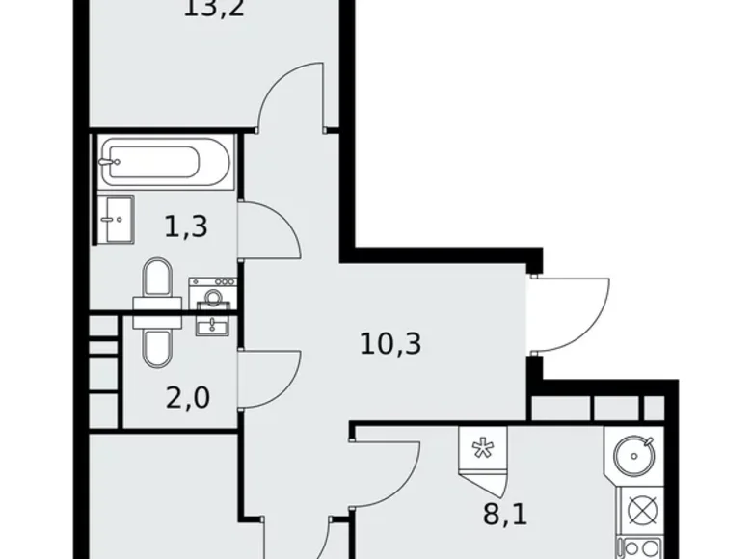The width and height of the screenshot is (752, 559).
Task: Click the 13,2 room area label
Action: [211, 13]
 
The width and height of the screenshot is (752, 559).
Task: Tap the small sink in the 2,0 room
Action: [211, 323]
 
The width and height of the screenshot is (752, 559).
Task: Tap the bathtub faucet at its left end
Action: [114, 161]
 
